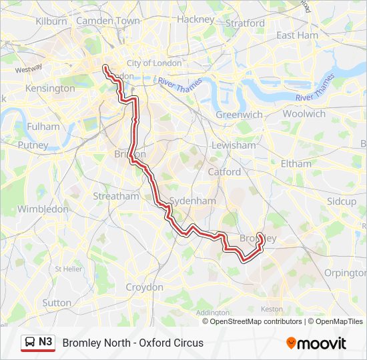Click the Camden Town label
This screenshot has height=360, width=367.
pos(108,21)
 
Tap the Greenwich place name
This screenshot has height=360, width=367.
pos(239,115)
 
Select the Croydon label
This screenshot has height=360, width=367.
pos(144,287)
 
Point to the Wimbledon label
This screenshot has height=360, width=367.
pos(43,209)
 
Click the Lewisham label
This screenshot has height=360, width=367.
pos(234,145)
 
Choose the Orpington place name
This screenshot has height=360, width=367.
pos(344,273)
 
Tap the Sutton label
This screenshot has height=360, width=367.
pos(57,303)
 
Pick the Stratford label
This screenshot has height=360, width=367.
pos(245,23)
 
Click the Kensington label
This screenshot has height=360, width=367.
pos(50,88)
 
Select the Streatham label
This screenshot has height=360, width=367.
pos(116,196)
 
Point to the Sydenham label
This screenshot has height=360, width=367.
pos(193,201)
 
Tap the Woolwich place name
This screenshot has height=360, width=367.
pos(304,113)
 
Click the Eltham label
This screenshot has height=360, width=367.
pos(296,163)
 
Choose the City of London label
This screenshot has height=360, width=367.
pos(154,63)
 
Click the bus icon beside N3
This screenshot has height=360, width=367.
pos(29,343)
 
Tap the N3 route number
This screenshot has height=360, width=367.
pos(45,342)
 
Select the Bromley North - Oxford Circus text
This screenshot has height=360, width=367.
pos(133,343)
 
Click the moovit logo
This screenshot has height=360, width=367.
pos(316,343)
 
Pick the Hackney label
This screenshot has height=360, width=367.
pos(196,19)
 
